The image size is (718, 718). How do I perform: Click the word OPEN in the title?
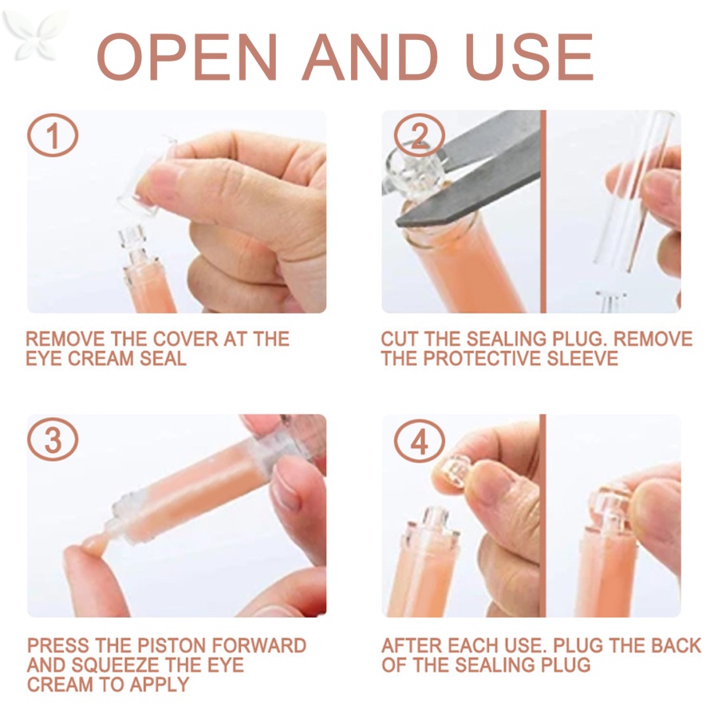point(187,57)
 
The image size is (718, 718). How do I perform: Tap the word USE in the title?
point(530,57)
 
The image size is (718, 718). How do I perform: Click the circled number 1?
point(53,135)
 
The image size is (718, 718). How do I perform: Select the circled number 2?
point(418,135)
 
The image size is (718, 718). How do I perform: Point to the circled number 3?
point(53,440)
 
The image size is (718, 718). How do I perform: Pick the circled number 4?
point(419,441)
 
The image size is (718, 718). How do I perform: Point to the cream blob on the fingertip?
point(94,542)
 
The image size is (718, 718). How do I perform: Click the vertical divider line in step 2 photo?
point(543,211)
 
